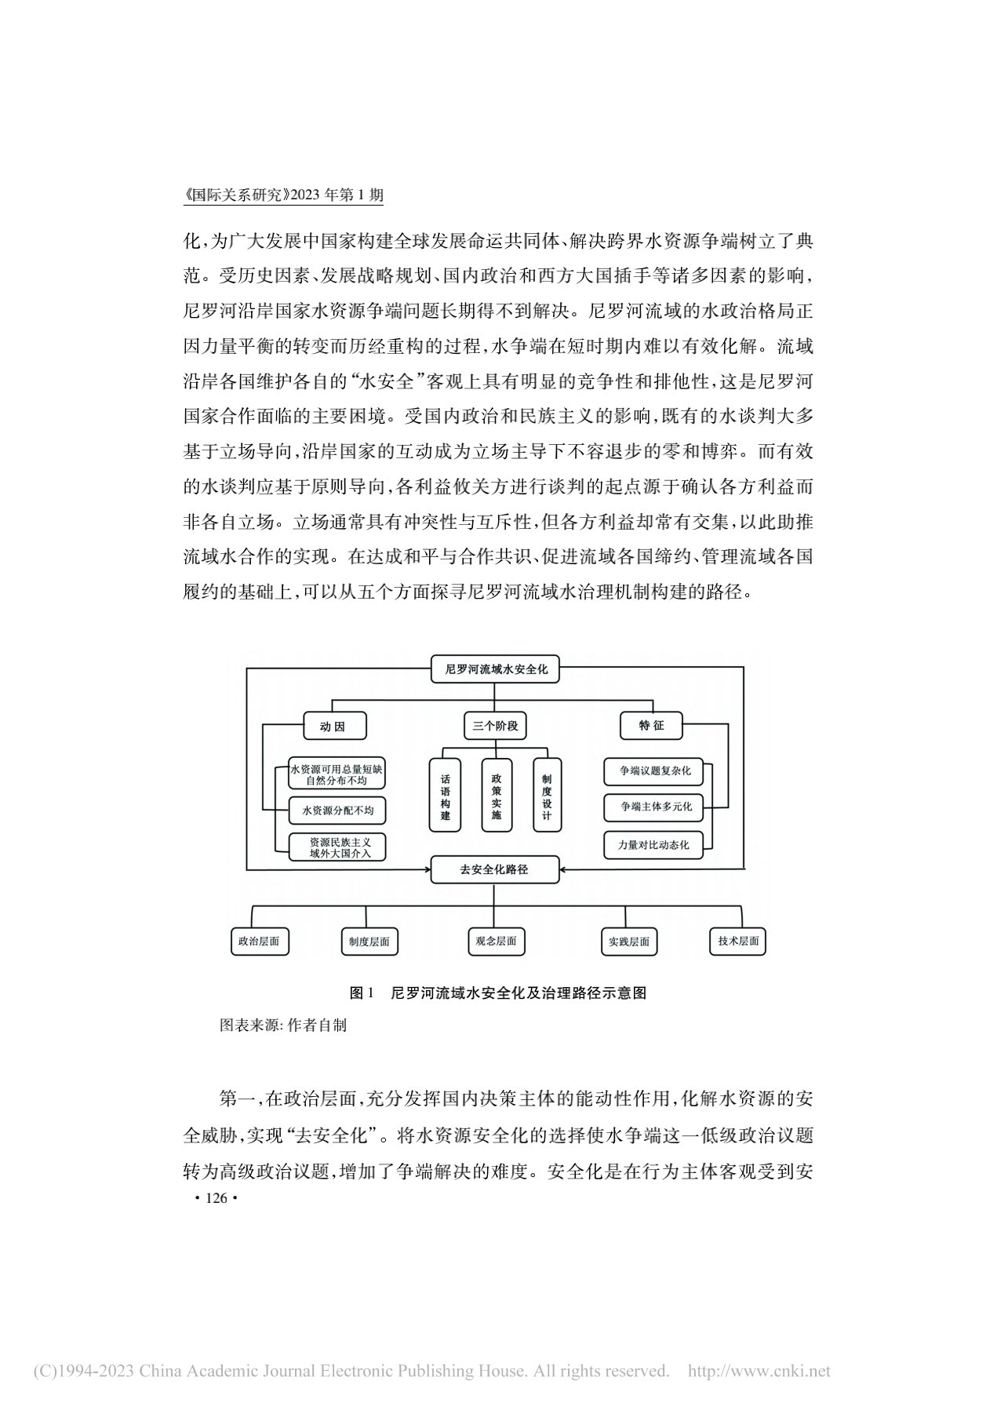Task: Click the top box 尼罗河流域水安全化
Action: (496, 669)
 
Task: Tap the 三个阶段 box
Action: (494, 726)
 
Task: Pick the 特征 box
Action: (651, 726)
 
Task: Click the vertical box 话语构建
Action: (446, 796)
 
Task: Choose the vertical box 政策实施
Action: (497, 796)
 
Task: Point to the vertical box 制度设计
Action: (547, 796)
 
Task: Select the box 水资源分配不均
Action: (337, 810)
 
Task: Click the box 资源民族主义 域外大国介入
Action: (337, 847)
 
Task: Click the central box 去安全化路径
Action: (494, 869)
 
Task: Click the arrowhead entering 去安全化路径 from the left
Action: (428, 869)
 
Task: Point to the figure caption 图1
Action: (363, 993)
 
